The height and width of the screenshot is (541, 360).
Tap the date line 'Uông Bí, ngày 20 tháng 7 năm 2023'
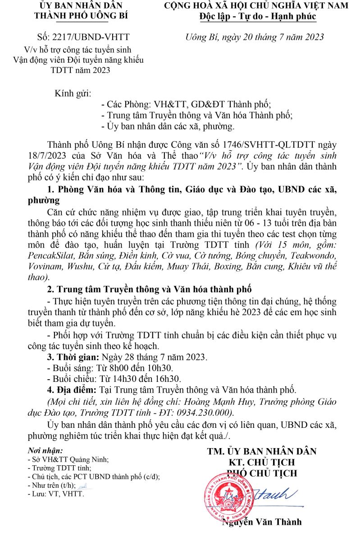(x=255, y=37)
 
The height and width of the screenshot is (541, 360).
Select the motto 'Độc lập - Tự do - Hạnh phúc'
(x=258, y=17)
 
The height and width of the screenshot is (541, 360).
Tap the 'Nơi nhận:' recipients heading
(x=45, y=450)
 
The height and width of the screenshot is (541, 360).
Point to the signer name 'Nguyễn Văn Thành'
(x=262, y=522)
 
